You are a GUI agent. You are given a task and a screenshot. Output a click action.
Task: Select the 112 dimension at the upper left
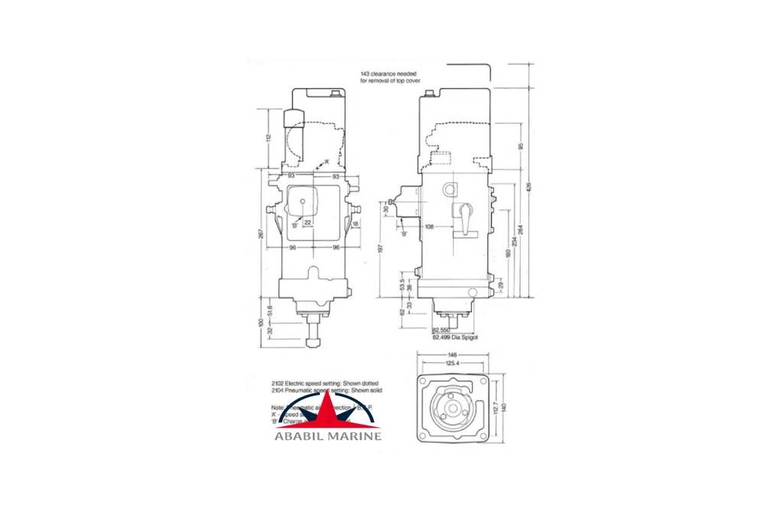[268, 138]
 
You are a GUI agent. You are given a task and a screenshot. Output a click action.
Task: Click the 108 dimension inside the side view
[430, 226]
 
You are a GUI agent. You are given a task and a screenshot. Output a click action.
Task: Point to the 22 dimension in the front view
[307, 222]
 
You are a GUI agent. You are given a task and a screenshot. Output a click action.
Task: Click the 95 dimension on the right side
[521, 145]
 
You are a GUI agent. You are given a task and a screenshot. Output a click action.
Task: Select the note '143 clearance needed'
[388, 73]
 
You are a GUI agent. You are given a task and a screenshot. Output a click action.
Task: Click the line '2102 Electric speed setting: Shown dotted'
[324, 382]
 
